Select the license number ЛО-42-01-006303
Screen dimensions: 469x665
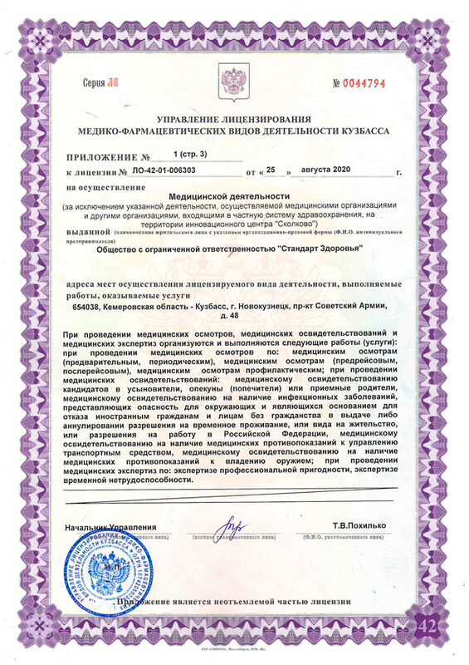click(165, 172)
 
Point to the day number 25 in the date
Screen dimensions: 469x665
click(270, 172)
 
